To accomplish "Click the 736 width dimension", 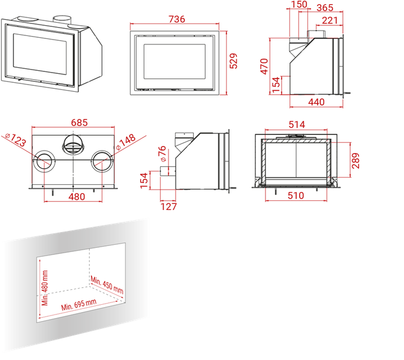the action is [x=177, y=19].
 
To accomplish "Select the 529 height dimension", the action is [x=233, y=61].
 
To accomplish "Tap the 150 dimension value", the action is [x=299, y=4].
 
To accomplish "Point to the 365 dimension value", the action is [x=325, y=8].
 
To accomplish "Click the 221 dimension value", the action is [x=330, y=20].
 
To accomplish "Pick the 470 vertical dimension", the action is [x=264, y=67].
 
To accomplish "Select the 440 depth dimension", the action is [x=316, y=102].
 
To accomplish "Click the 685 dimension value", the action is [x=79, y=122].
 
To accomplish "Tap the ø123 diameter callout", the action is [x=16, y=140].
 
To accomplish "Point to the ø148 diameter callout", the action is [x=125, y=142].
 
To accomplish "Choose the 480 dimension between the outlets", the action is [x=77, y=197].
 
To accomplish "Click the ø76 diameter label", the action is [x=162, y=154].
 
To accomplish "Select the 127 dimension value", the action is [x=169, y=206].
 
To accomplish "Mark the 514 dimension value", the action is [x=297, y=125].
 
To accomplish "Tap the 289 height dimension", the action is [x=355, y=161].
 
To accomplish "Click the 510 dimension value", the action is [x=296, y=196].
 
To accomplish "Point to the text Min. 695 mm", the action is [x=79, y=305].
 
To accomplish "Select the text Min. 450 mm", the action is [x=107, y=284].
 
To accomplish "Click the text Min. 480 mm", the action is [x=45, y=288].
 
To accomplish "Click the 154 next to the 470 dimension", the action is [x=276, y=85].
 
